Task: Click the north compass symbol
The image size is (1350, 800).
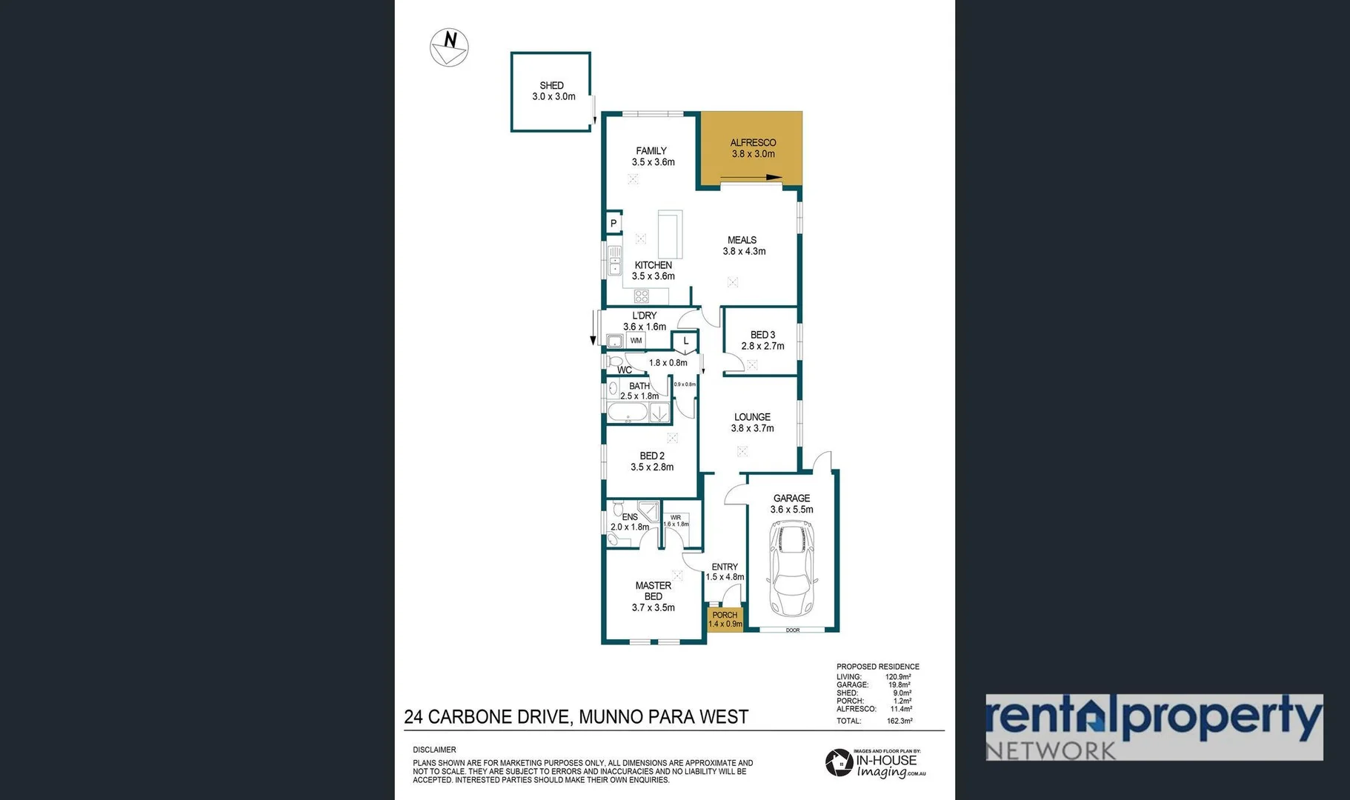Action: point(449,47)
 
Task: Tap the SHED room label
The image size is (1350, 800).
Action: point(552,85)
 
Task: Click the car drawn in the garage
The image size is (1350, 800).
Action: point(792,567)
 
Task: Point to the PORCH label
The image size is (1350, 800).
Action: point(725,615)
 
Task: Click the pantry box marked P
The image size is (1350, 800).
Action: point(614,223)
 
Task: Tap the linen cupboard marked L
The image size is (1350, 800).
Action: point(685,341)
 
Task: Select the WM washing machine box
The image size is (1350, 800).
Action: point(636,341)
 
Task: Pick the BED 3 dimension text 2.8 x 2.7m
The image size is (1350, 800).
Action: point(762,346)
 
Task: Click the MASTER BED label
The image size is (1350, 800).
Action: point(653,590)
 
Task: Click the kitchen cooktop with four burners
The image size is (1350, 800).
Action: point(642,296)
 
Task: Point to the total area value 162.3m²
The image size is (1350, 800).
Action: point(900,721)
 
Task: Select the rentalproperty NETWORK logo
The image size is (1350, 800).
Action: point(1154,727)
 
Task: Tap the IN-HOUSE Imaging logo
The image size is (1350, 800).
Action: point(876,764)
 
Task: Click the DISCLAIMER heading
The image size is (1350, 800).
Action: point(434,750)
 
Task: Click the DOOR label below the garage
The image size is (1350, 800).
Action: point(793,630)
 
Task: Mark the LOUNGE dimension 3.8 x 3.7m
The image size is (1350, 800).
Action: point(752,428)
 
